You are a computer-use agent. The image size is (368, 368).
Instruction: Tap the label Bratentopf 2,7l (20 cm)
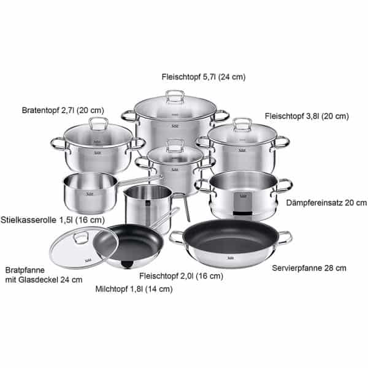63,110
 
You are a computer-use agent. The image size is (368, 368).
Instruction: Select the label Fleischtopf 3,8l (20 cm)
307,116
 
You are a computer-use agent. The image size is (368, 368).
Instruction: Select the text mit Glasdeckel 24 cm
44,280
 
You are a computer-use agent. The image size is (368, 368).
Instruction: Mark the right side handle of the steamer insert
285,184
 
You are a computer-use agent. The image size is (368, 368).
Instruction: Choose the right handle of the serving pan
284,236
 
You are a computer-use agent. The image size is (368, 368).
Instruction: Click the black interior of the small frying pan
135,242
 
